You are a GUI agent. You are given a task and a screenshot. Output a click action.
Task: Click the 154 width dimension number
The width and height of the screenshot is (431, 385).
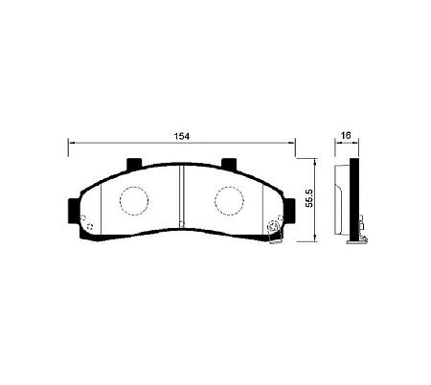point(182,136)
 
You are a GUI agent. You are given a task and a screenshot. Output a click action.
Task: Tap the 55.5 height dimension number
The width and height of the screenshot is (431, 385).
point(309,198)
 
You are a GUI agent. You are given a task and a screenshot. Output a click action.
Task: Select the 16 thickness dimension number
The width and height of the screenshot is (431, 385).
point(346,135)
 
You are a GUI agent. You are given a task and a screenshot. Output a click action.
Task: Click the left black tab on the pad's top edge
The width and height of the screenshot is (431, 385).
point(134,163)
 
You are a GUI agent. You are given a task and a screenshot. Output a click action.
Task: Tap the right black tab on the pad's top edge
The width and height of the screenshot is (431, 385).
point(229,163)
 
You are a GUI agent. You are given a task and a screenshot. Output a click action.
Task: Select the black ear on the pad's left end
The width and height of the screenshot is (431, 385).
point(74,211)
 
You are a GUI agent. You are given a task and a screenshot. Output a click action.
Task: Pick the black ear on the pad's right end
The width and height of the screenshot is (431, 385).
point(289,211)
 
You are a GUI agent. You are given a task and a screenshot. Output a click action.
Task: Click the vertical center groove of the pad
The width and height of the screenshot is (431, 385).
point(182,196)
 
